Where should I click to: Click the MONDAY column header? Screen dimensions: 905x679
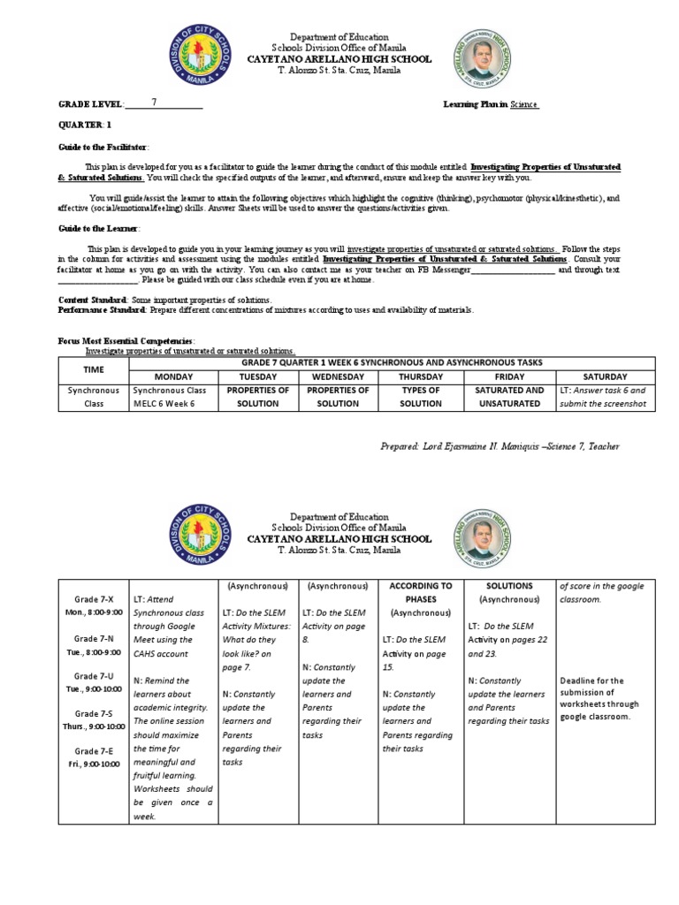coord(173,376)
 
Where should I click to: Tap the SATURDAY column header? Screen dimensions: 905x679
coord(605,376)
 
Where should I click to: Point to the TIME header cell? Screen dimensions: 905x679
coord(94,369)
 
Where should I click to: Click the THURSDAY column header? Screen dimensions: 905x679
coord(421,376)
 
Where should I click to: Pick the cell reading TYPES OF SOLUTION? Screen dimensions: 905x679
coord(421,396)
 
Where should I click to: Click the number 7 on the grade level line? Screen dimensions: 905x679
coord(155,103)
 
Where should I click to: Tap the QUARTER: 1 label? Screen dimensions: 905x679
coord(85,125)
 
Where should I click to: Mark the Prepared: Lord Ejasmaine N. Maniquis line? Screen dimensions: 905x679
coord(499,446)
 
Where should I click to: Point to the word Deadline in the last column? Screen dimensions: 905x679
coord(579,681)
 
